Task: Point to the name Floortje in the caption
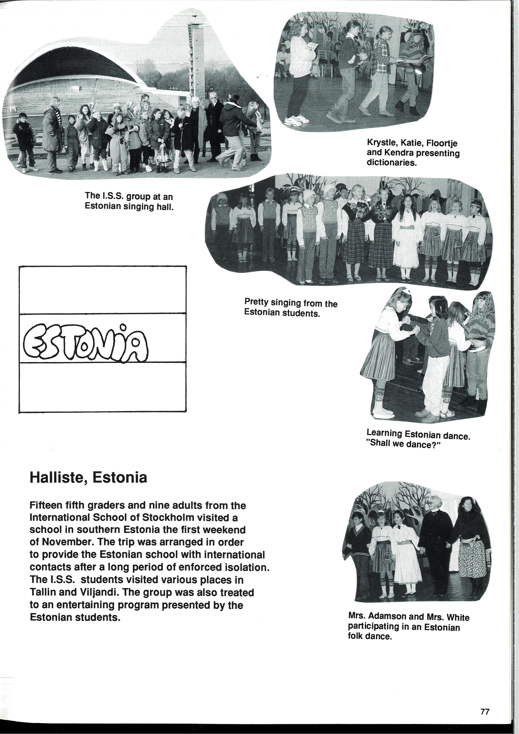click(442, 143)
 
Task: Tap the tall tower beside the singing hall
click(196, 58)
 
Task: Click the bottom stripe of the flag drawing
click(102, 387)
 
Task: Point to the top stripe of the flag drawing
click(102, 290)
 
